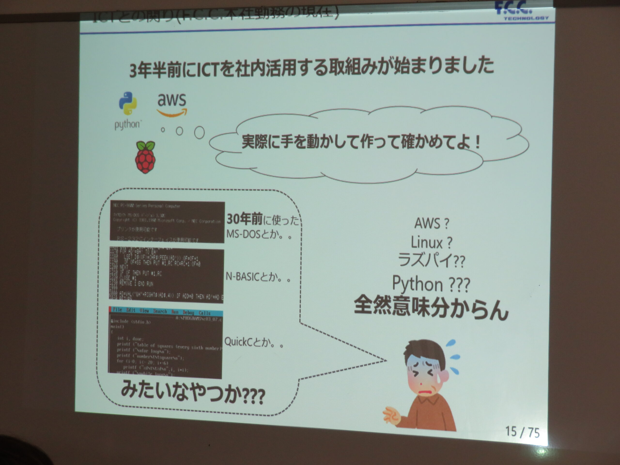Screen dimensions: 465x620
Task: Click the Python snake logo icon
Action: pos(128,103)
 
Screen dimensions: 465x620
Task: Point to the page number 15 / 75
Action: pos(522,432)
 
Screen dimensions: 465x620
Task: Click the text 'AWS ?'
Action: pos(431,223)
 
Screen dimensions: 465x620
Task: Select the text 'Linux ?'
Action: pos(431,242)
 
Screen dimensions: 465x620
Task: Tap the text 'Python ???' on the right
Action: pos(431,284)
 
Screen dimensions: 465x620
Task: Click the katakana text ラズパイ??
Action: pos(431,260)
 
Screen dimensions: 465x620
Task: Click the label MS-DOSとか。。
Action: pos(259,234)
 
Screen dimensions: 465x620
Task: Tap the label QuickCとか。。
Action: pos(254,342)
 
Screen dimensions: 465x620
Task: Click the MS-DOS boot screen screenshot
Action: pos(167,221)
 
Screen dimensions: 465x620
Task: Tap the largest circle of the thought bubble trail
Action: pos(199,132)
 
